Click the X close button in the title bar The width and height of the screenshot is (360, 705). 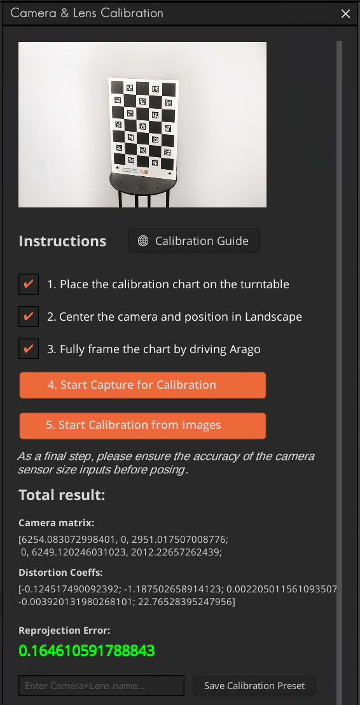point(346,13)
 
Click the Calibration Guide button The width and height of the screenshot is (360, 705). point(194,241)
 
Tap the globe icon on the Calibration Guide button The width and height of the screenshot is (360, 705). point(143,241)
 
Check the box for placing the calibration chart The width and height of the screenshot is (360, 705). point(29,284)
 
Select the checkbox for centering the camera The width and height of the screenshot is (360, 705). point(29,317)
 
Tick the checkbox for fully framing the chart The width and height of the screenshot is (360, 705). point(29,349)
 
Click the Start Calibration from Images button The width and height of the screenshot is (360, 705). point(142,426)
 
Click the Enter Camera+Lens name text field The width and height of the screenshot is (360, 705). point(101,686)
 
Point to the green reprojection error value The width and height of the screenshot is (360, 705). point(87,651)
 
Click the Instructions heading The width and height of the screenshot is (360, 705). point(62,242)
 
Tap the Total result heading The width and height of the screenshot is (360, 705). point(62,495)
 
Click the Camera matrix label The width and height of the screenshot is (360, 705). point(57,523)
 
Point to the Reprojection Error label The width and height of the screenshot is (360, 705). point(64,631)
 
